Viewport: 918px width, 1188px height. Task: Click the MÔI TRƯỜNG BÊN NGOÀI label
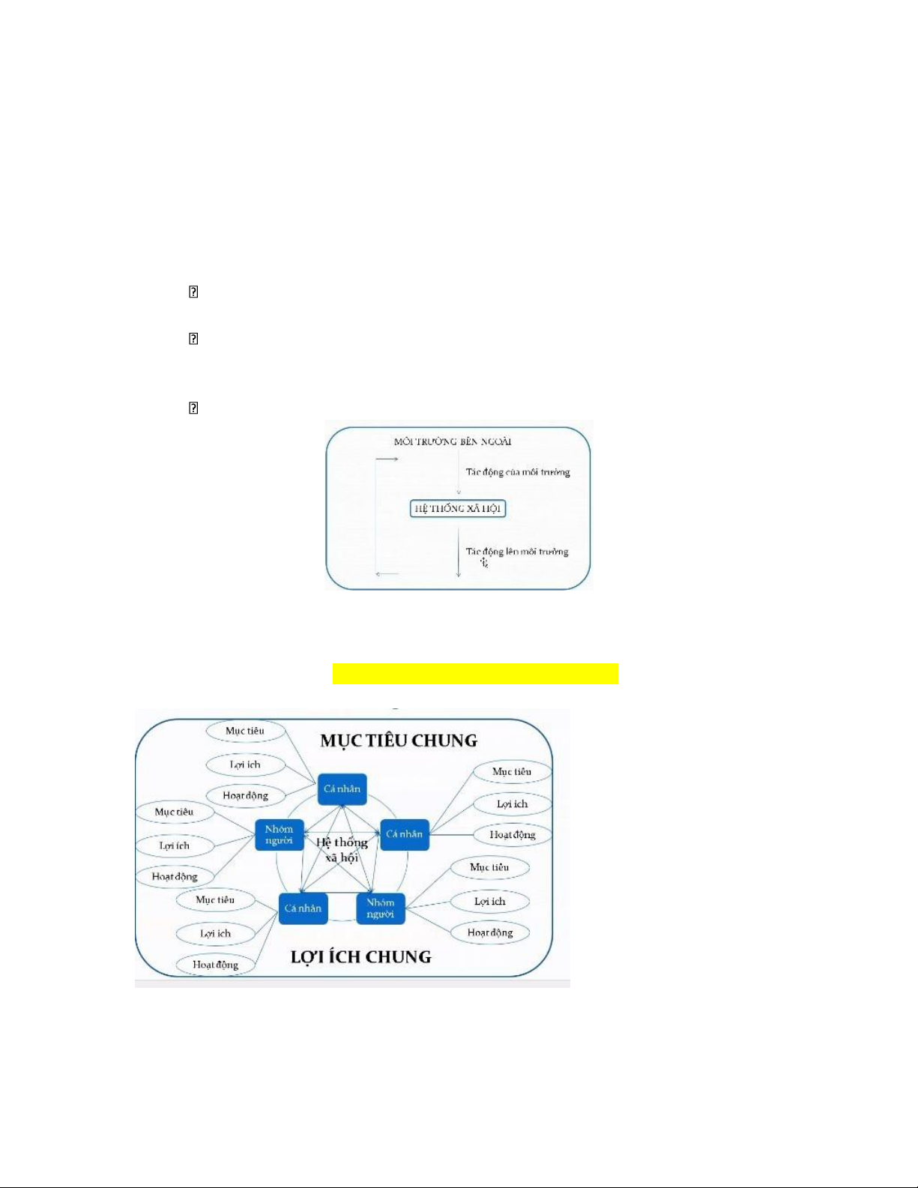coord(453,441)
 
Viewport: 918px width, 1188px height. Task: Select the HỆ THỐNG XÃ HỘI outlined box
coord(459,509)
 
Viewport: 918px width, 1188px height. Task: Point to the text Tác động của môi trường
coord(518,472)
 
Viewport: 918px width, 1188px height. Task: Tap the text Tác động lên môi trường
coord(517,552)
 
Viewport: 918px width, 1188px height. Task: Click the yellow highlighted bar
coord(475,674)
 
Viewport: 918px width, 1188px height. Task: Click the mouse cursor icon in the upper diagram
coord(485,561)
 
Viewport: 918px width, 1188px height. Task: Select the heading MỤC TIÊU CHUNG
coord(399,741)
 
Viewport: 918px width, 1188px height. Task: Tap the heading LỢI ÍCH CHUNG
coord(361,956)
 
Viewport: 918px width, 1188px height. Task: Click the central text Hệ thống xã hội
coord(342,850)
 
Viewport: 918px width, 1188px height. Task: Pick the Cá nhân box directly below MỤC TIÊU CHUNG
coord(342,789)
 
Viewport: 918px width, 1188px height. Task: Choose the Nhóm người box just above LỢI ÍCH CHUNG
coord(381,908)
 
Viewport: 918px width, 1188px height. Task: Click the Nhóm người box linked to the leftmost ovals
coord(279,835)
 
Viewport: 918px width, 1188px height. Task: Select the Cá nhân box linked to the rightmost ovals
coord(405,834)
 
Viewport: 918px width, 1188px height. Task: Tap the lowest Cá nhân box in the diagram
coord(303,908)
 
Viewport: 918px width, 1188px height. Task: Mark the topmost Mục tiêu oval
coord(245,731)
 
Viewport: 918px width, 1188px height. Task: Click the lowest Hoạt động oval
coord(216,965)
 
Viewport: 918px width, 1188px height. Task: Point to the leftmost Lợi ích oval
coord(175,845)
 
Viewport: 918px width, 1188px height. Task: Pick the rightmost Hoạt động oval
coord(513,835)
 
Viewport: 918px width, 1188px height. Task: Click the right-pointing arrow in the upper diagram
coord(387,459)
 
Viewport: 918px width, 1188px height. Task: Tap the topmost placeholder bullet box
coord(193,292)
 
